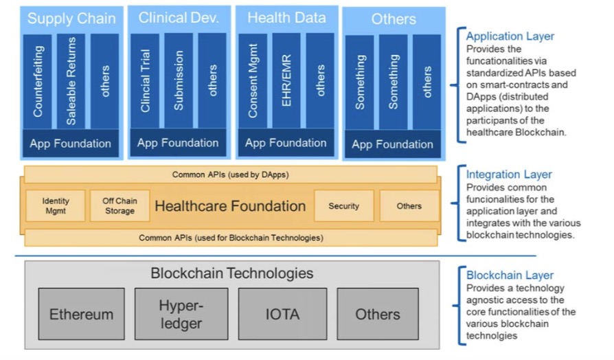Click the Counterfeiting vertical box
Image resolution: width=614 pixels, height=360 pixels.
click(38, 81)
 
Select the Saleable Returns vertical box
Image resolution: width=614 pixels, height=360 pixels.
click(71, 81)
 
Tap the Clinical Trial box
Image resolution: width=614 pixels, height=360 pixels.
click(145, 81)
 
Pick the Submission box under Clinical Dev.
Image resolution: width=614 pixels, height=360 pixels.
click(179, 81)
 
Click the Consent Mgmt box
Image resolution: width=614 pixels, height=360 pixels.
click(253, 81)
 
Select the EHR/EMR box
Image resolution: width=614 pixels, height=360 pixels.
click(286, 81)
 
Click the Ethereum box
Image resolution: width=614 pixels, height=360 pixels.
click(81, 314)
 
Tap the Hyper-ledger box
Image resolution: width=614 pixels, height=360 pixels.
click(181, 314)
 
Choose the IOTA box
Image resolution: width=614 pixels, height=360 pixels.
click(282, 314)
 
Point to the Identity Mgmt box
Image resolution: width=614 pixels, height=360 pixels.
click(56, 206)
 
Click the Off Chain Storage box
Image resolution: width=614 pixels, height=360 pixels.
click(120, 206)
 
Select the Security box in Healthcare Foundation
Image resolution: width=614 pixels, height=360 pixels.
click(343, 206)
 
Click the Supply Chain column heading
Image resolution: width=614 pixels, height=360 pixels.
click(71, 19)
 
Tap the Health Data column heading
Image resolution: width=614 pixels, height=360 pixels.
click(286, 19)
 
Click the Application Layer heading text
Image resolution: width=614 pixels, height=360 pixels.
click(510, 36)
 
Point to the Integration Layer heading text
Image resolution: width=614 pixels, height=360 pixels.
click(509, 175)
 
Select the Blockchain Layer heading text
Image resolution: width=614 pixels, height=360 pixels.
click(510, 275)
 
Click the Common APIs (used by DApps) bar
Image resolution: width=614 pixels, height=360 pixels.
click(230, 175)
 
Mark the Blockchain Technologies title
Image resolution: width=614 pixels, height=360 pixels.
click(231, 273)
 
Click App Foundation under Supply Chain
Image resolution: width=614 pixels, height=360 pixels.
click(71, 144)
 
